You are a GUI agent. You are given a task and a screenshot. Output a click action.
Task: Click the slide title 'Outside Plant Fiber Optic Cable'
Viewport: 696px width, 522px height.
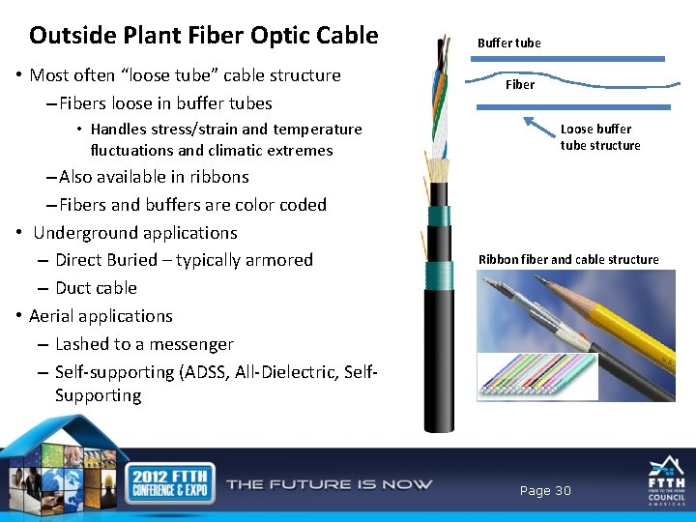click(x=203, y=36)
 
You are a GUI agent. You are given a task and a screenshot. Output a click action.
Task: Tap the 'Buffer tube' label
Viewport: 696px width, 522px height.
click(x=508, y=43)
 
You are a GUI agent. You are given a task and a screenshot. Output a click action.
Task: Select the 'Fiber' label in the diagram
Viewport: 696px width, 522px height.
click(x=520, y=84)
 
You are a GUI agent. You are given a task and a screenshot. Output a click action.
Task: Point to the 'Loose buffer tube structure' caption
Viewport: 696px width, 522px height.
click(x=599, y=137)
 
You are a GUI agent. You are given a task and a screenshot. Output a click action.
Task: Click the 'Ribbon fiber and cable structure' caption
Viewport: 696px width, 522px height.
click(x=568, y=259)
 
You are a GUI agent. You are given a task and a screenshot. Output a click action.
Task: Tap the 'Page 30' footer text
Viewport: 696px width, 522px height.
click(x=545, y=491)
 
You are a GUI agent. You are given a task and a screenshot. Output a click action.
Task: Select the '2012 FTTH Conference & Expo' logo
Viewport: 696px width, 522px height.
click(x=161, y=482)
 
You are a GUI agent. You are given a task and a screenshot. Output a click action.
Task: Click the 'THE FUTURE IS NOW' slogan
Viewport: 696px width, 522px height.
click(x=329, y=484)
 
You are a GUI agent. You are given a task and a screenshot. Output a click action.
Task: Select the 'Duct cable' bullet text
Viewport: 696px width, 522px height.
click(x=96, y=288)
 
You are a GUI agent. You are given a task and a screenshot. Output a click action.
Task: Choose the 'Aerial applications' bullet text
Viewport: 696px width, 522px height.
click(x=101, y=316)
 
